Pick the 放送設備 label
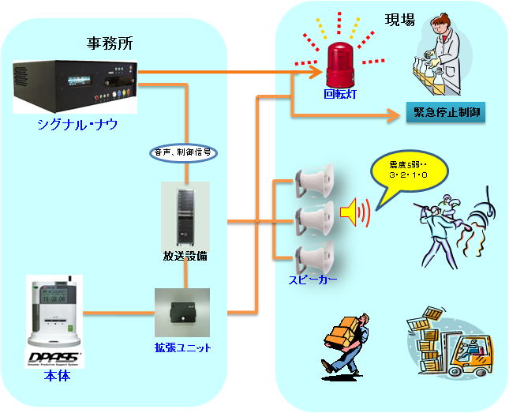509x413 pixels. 185,257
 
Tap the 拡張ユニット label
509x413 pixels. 183,347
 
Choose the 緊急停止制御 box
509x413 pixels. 444,113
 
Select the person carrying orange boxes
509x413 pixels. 346,340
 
